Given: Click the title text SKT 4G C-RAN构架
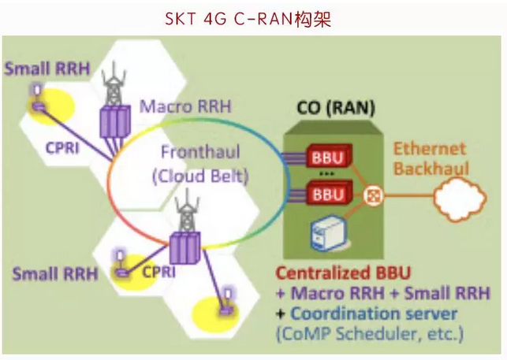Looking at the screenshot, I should point(253,18).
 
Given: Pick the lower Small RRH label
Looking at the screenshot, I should point(55,274).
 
